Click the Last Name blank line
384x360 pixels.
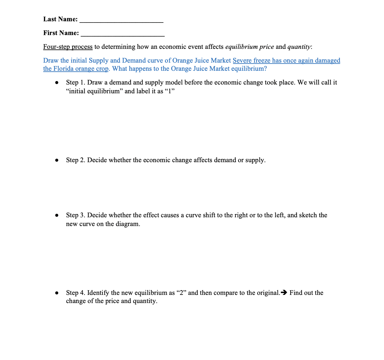click(x=122, y=21)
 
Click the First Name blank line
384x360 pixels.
click(x=123, y=34)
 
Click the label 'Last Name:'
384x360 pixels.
click(x=60, y=19)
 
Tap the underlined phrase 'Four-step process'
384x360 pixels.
click(x=68, y=47)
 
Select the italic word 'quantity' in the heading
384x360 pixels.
click(x=299, y=47)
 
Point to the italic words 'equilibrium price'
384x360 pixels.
click(x=249, y=47)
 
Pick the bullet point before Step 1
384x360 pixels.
click(x=57, y=83)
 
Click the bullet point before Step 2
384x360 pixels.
click(x=57, y=160)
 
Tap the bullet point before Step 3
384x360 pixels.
click(x=57, y=215)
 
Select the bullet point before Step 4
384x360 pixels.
click(x=57, y=293)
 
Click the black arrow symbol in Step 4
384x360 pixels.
click(x=284, y=293)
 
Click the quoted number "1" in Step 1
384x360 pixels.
click(x=169, y=91)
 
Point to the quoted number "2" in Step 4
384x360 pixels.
click(x=182, y=293)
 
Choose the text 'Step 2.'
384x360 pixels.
click(x=75, y=160)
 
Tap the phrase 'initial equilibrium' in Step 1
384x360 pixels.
click(x=94, y=91)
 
